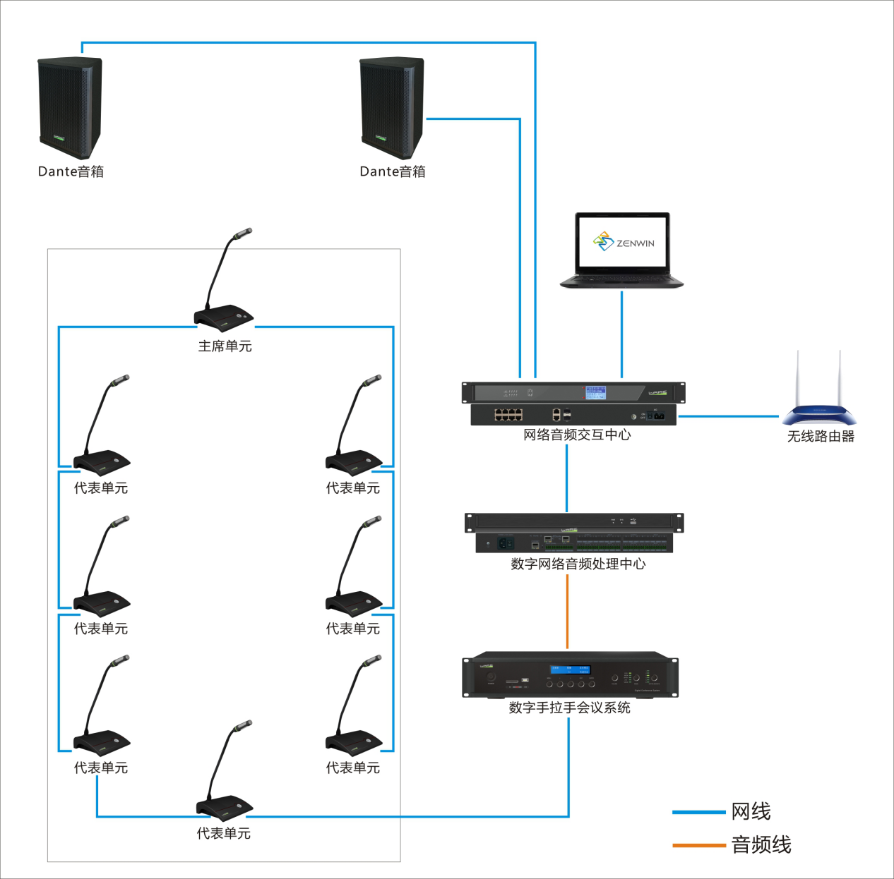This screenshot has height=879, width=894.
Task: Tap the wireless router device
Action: tap(819, 413)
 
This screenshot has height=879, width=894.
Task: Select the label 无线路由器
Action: tap(821, 437)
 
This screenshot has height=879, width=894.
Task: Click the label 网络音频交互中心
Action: tap(577, 435)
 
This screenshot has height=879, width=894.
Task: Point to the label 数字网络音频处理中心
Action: tap(578, 564)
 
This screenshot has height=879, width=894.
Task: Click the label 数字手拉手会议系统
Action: tap(569, 708)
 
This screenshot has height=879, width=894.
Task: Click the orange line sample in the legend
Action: tap(698, 844)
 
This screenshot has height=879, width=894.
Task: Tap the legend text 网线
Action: tap(751, 811)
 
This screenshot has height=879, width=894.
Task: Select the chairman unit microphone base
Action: tap(224, 317)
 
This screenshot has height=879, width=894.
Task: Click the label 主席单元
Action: tap(225, 346)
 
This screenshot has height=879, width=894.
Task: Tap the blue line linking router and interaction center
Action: tap(727, 416)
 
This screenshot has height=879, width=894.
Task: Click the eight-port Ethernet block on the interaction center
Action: tap(508, 414)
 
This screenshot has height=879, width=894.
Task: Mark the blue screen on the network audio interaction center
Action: tap(595, 392)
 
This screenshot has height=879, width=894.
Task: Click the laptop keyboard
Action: tap(621, 280)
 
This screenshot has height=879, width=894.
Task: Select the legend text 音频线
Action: tap(761, 844)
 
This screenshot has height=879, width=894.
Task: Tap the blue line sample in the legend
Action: tap(698, 812)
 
